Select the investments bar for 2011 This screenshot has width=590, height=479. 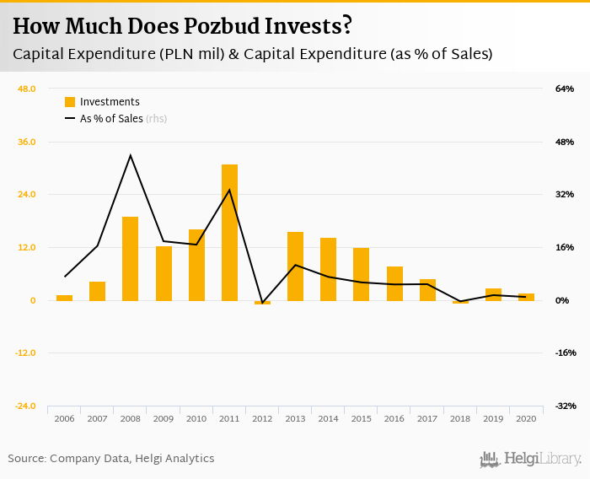[x=229, y=232]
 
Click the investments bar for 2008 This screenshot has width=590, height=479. [x=130, y=258]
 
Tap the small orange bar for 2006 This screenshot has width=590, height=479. [x=64, y=298]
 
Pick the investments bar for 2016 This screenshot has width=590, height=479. [x=394, y=283]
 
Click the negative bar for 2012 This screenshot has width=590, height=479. [x=262, y=302]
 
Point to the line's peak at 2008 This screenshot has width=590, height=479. [x=130, y=155]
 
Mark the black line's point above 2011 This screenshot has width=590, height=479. [x=229, y=190]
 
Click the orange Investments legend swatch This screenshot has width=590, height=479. [x=70, y=102]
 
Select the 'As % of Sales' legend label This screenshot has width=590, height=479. [x=111, y=119]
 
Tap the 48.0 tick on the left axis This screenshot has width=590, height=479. [x=26, y=89]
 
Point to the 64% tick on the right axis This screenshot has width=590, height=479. [x=564, y=89]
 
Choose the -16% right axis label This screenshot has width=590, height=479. [x=563, y=353]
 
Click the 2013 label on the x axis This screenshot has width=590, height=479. [x=295, y=418]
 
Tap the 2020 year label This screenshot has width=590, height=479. [x=526, y=418]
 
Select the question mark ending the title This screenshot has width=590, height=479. [x=346, y=26]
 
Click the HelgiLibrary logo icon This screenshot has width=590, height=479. [x=490, y=459]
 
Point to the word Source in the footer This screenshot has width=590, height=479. [x=26, y=459]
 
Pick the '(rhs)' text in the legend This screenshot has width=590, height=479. [x=156, y=119]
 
